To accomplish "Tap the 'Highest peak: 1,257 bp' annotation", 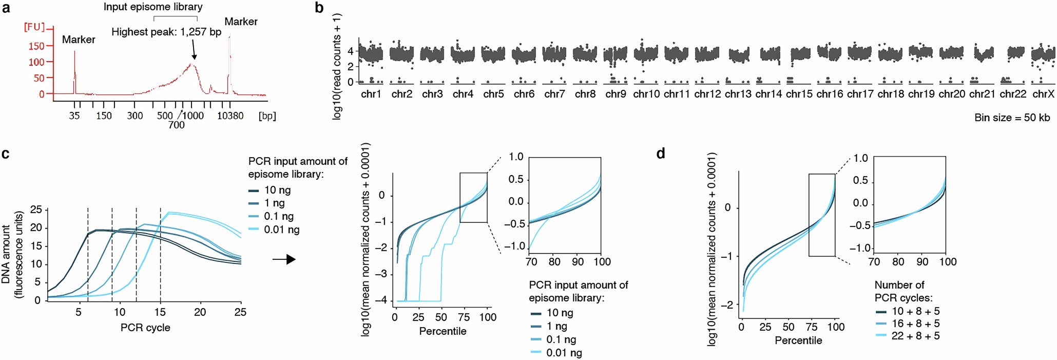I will pyautogui.click(x=166, y=32).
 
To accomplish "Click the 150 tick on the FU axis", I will pyautogui.click(x=36, y=46).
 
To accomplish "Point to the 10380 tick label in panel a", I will pyautogui.click(x=230, y=116).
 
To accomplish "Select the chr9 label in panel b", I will pyautogui.click(x=616, y=94).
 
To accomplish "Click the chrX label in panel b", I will pyautogui.click(x=1043, y=94).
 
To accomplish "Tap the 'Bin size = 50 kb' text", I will pyautogui.click(x=1012, y=118).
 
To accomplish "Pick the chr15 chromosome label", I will pyautogui.click(x=799, y=94).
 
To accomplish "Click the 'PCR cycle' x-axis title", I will pyautogui.click(x=145, y=328).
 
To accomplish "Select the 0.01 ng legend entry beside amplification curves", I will pyautogui.click(x=281, y=230).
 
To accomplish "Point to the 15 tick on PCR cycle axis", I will pyautogui.click(x=160, y=312).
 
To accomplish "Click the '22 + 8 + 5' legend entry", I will pyautogui.click(x=915, y=336).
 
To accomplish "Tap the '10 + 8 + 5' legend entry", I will pyautogui.click(x=915, y=311).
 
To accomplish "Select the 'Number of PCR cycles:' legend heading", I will pyautogui.click(x=903, y=291).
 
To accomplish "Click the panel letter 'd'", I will pyautogui.click(x=661, y=154).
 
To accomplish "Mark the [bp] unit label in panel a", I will pyautogui.click(x=267, y=116).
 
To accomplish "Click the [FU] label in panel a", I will pyautogui.click(x=34, y=27).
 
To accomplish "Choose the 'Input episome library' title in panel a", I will pyautogui.click(x=153, y=7).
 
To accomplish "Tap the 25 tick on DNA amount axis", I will pyautogui.click(x=36, y=210).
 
